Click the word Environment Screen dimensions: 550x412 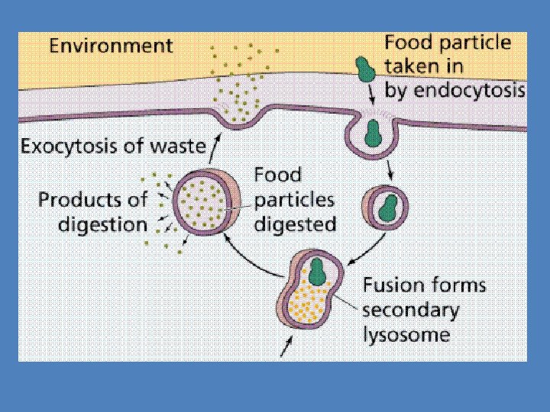pyautogui.click(x=112, y=46)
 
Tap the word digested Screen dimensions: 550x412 pyautogui.click(x=295, y=224)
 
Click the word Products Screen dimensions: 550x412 pyautogui.click(x=82, y=201)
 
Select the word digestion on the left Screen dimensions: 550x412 pyautogui.click(x=92, y=224)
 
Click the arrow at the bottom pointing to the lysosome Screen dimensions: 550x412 pyautogui.click(x=288, y=346)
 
